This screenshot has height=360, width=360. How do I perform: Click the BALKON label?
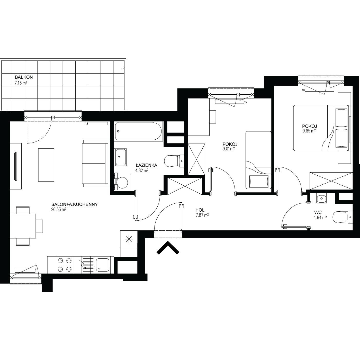(x=24, y=77)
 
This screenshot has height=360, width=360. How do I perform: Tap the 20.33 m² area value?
(x=59, y=209)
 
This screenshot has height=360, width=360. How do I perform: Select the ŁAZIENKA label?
(x=146, y=165)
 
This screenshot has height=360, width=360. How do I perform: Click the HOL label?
(x=200, y=210)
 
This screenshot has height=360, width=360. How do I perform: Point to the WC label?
(x=318, y=212)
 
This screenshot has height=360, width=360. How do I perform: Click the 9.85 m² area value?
(x=309, y=131)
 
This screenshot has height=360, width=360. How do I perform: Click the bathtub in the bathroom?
(x=138, y=131)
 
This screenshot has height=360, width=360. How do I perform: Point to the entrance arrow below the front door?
(x=168, y=248)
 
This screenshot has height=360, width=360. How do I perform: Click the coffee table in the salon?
(x=46, y=165)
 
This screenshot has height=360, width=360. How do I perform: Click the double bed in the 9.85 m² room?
(x=321, y=128)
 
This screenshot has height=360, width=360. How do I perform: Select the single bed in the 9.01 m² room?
(x=258, y=160)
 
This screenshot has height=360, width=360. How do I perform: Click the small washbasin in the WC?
(x=321, y=199)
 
